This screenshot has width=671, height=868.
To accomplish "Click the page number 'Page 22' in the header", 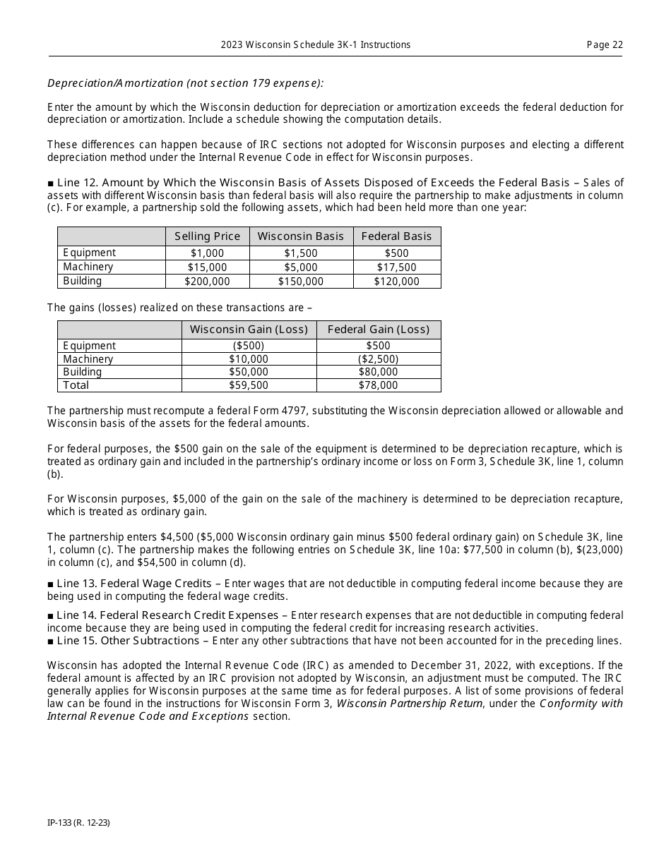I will (x=605, y=44).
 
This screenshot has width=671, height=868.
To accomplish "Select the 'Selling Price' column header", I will (x=207, y=236).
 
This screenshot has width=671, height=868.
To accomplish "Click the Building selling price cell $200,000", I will (x=207, y=281).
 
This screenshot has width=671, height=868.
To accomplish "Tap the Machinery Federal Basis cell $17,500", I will (x=396, y=267).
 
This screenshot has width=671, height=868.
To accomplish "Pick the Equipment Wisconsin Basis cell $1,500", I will (x=301, y=253).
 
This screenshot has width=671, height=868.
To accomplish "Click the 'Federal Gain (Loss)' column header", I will (x=378, y=330).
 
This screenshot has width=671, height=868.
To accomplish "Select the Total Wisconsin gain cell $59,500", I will (x=249, y=385).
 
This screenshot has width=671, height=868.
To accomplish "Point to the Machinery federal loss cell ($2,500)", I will (x=378, y=359).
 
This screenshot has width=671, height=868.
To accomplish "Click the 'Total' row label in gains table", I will (x=76, y=385).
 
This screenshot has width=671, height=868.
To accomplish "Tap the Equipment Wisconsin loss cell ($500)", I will (x=249, y=346).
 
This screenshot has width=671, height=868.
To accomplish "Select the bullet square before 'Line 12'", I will (x=51, y=183).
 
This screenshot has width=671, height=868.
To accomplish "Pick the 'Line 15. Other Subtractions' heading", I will (x=128, y=641).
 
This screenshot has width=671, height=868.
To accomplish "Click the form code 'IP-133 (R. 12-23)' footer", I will (x=78, y=823).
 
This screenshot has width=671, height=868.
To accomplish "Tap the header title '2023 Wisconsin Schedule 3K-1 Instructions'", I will (x=315, y=44).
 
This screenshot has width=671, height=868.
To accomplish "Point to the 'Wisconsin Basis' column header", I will (x=301, y=236).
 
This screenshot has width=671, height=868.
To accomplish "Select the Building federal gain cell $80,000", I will (x=378, y=372).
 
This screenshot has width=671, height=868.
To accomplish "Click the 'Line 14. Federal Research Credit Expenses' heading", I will (x=167, y=615).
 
